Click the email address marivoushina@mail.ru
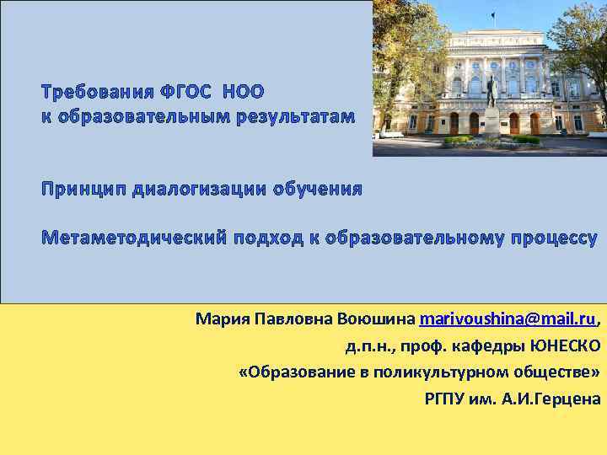click(508, 320)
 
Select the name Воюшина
click(375, 320)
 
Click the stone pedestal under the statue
click(491, 123)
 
